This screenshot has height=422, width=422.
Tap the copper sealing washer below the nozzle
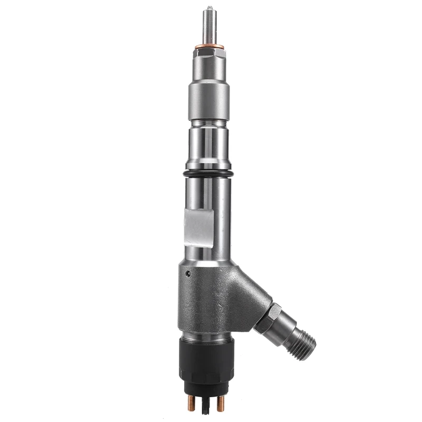209,47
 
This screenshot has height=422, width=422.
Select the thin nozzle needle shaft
209,26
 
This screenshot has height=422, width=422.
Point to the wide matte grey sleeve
209,100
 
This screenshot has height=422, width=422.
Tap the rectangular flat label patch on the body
198,227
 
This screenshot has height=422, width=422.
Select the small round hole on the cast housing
188,274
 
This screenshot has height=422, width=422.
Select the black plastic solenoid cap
207,364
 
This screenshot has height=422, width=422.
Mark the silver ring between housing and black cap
207,337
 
